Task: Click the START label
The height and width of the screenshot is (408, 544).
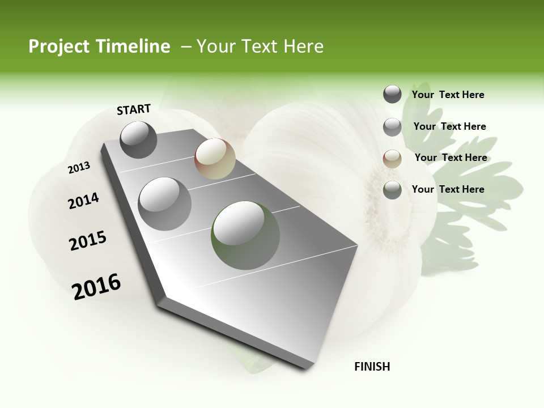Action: click(x=134, y=109)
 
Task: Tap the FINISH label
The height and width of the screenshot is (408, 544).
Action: click(x=372, y=367)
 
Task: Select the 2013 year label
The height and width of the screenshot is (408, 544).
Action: click(x=79, y=168)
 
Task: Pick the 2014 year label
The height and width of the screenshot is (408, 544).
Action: click(x=83, y=201)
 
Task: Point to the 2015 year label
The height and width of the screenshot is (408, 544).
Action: click(x=88, y=241)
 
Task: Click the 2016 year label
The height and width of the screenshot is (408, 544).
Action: click(x=96, y=287)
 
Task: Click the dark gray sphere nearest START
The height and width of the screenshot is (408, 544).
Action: click(x=139, y=139)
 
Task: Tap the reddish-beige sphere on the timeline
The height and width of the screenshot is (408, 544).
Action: click(x=215, y=159)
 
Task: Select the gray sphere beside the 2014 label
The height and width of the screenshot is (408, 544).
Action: click(x=165, y=203)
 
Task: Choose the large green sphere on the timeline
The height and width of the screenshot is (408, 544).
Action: click(x=245, y=235)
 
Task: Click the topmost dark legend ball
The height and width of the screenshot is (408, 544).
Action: click(x=392, y=94)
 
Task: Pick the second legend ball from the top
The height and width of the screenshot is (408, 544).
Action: click(x=392, y=127)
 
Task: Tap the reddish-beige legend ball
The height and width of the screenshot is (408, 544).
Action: click(x=392, y=159)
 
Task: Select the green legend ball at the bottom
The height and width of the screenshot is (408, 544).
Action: click(x=392, y=190)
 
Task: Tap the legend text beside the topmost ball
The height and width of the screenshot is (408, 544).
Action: click(x=448, y=95)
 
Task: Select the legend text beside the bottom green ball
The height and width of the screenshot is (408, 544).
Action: click(x=448, y=189)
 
